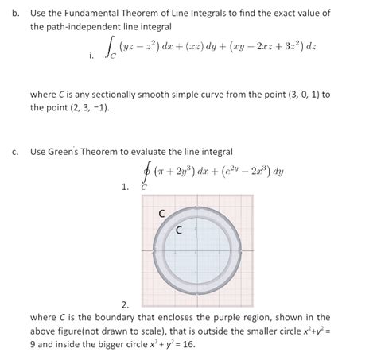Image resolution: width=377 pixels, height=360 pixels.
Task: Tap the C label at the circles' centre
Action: tap(179, 231)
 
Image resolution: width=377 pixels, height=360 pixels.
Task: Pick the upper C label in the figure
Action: tap(163, 213)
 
